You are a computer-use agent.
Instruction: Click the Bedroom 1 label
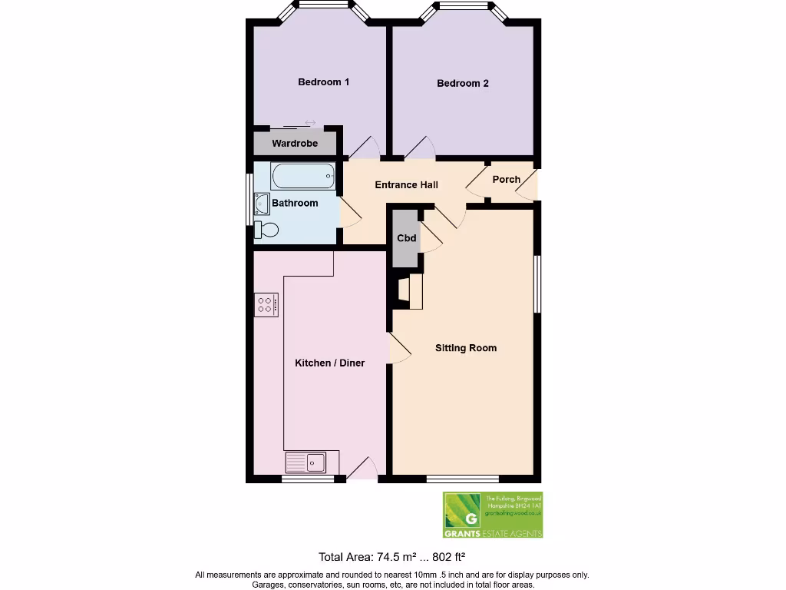click(323, 82)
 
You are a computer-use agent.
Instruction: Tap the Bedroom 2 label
click(462, 84)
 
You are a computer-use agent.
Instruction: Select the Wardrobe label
click(294, 144)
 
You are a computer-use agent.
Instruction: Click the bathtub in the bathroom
click(304, 177)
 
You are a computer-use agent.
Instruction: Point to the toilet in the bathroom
click(266, 229)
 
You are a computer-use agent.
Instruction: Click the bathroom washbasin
click(259, 204)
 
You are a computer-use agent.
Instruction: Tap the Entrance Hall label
click(406, 185)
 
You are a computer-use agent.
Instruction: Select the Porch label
click(506, 180)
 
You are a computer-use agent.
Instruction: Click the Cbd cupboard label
click(406, 238)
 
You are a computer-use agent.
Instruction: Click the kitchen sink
click(306, 462)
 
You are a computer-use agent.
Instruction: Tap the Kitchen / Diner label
click(329, 363)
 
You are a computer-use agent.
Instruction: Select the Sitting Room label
click(465, 348)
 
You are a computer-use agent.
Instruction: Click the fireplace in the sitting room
click(410, 292)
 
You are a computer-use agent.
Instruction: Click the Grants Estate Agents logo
click(492, 515)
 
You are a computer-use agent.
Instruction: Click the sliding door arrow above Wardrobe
click(310, 123)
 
